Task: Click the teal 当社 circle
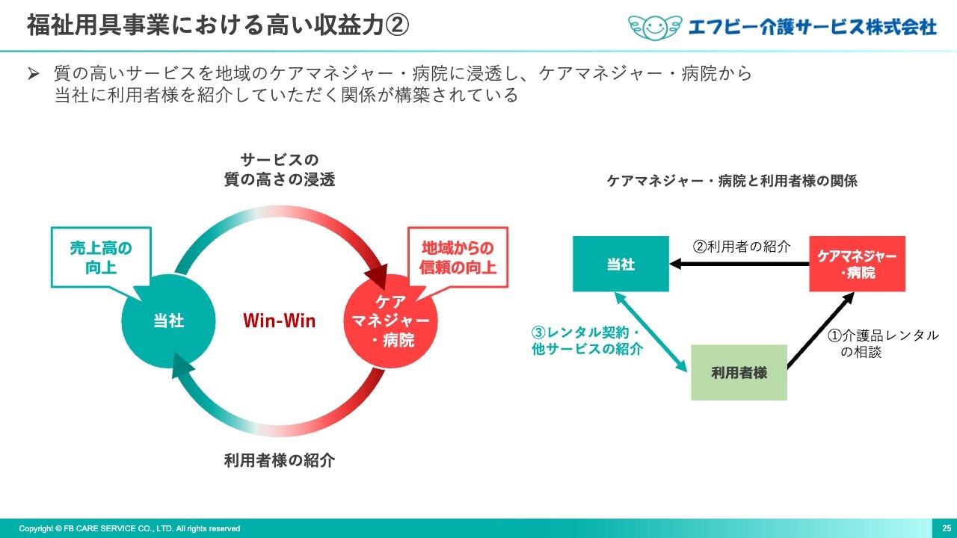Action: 168,321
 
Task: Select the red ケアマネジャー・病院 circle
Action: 390,321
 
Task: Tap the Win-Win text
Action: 280,321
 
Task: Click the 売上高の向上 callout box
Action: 101,258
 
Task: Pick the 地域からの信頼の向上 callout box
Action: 458,258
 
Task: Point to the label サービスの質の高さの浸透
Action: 280,170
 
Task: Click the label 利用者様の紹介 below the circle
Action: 280,460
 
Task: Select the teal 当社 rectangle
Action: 621,264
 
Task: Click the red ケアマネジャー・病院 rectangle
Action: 857,264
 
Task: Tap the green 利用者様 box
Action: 739,372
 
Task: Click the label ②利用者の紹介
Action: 742,247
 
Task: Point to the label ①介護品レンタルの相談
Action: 883,344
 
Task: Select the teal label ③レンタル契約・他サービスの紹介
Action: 587,341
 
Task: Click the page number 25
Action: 947,528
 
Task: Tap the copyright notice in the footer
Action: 129,528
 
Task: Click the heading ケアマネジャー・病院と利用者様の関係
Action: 732,181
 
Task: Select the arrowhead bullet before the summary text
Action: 34,73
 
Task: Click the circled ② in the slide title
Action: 397,25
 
